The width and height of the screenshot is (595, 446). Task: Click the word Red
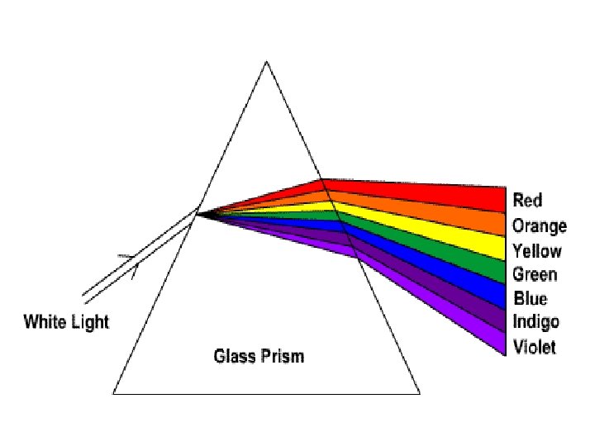[527, 200]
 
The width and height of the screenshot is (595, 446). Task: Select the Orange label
[539, 225]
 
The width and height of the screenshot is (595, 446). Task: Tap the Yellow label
[536, 250]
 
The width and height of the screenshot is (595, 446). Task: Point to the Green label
[535, 274]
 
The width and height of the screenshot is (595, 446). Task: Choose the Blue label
[530, 298]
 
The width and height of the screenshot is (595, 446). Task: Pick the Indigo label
[535, 322]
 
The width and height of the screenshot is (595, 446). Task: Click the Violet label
[534, 346]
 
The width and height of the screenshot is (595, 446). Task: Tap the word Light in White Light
[88, 321]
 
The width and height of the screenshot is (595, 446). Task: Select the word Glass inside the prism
[233, 356]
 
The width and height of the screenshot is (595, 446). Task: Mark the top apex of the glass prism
[265, 62]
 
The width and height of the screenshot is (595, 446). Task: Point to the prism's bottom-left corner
[113, 392]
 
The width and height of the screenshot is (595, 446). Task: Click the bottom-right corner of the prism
[419, 392]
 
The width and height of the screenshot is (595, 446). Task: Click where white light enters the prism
[198, 212]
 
